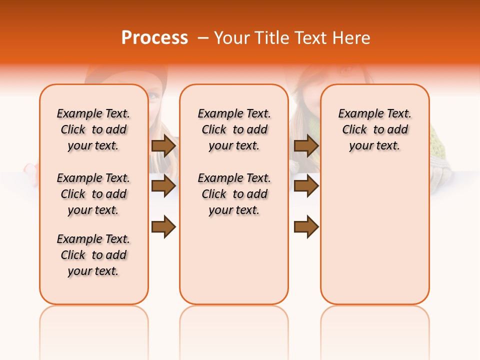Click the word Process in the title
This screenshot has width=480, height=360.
click(154, 38)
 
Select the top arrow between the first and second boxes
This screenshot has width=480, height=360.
click(163, 146)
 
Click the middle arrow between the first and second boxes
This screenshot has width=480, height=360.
click(163, 186)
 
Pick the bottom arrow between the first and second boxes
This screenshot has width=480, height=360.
click(163, 227)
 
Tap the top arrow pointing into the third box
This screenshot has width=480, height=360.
click(306, 146)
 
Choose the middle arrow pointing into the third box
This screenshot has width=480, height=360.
click(306, 186)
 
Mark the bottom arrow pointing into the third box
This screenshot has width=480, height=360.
click(306, 227)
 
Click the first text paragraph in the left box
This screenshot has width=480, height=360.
click(93, 129)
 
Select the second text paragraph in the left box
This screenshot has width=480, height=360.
click(93, 194)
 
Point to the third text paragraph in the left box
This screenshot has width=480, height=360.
click(93, 255)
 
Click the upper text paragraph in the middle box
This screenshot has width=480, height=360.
click(234, 129)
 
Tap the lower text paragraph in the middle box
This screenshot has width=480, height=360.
click(234, 194)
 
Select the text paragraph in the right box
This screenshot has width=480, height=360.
click(374, 129)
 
